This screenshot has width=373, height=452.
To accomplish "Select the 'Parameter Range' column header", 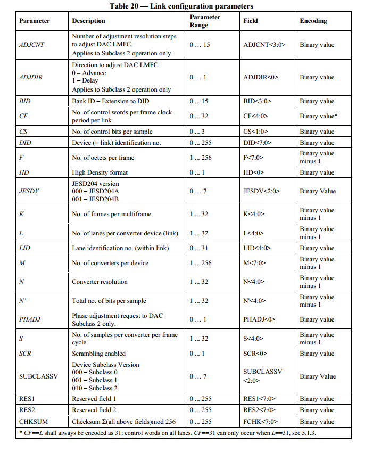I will click(x=205, y=21).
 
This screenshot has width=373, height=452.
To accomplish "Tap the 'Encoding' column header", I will click(x=313, y=21).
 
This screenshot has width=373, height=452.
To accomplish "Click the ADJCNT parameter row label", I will click(x=31, y=45).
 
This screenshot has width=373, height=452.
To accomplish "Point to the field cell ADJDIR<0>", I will click(x=260, y=77).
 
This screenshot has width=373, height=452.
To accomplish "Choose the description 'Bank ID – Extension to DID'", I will click(x=110, y=101).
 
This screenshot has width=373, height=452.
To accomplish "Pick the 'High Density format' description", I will click(x=100, y=172).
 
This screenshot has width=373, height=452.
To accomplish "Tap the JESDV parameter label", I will click(x=29, y=191).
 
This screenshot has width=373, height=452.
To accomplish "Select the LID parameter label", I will click(x=24, y=248).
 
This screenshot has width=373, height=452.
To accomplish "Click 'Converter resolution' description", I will click(x=100, y=282).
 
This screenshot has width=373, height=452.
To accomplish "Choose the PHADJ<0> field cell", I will click(x=259, y=319).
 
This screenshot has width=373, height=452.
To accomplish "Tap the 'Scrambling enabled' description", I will click(x=99, y=354).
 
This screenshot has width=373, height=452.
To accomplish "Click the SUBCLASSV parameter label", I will click(x=38, y=376).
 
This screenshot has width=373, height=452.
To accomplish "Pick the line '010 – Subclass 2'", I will click(x=96, y=388).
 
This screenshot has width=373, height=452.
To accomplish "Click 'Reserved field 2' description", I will click(x=94, y=410).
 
